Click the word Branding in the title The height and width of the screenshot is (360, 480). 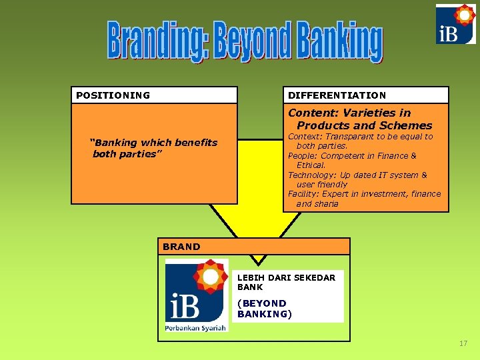tap(157, 42)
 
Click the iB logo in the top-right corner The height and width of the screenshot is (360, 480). tap(455, 24)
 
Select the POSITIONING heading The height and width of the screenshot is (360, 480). tap(113, 95)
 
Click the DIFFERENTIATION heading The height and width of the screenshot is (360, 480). tap(337, 95)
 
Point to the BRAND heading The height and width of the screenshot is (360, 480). tap(181, 247)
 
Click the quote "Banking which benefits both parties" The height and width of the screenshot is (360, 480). tap(154, 148)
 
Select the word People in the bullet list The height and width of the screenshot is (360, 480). tap(302, 155)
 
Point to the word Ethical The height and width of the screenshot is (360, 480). tap(311, 165)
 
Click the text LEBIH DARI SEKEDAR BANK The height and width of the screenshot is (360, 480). tap(286, 282)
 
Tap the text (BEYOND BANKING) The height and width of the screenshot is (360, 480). tap(265, 308)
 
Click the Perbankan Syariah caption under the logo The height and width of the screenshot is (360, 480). tap(196, 327)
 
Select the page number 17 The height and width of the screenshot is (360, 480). tap(463, 343)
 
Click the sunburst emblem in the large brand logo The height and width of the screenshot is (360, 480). tap(211, 277)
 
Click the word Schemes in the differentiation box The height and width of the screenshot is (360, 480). tap(406, 125)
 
